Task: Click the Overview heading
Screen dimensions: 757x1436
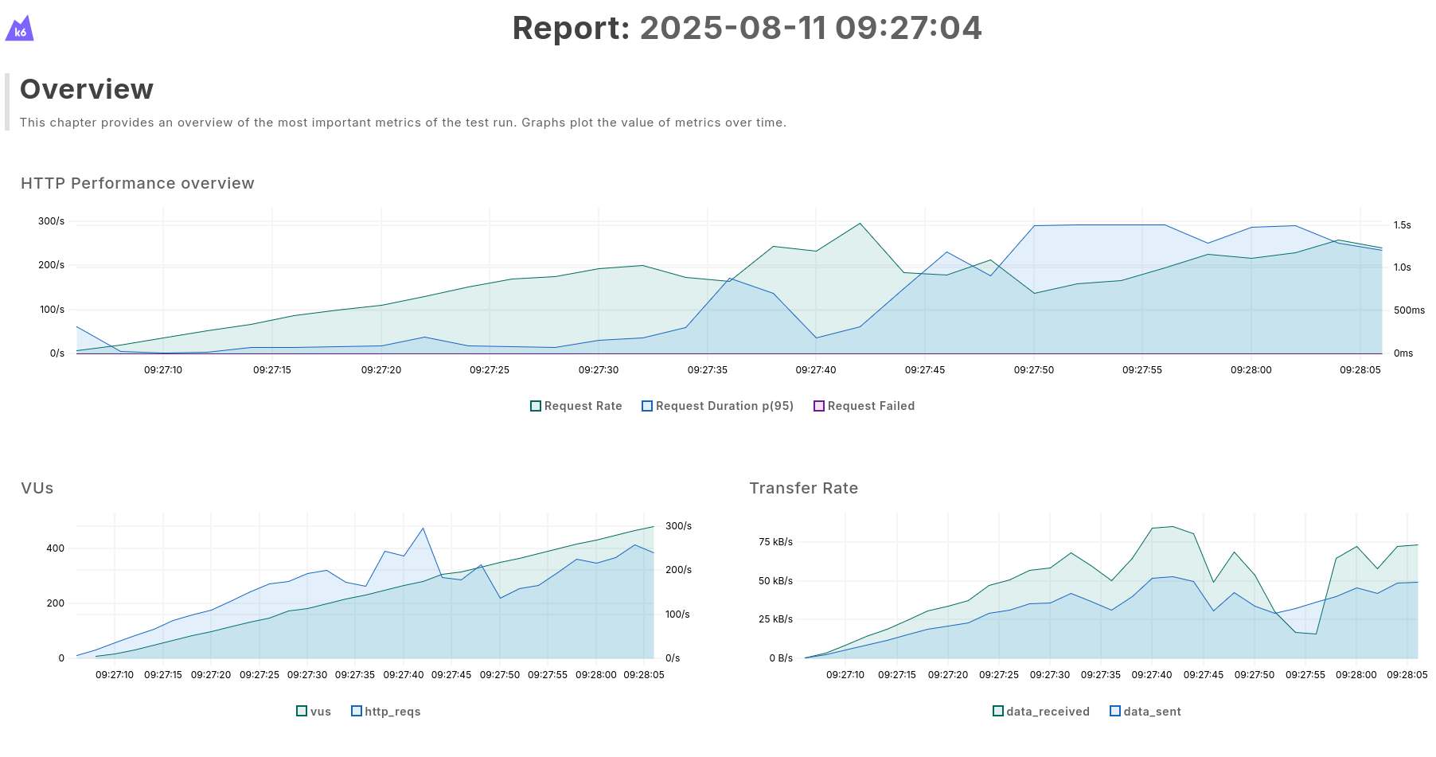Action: pos(87,89)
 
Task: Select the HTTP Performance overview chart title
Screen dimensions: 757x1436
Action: pos(138,183)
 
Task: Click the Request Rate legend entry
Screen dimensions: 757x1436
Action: pos(576,406)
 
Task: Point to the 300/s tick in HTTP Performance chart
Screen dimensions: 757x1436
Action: pos(51,221)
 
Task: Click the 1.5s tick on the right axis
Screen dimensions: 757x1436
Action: pos(1402,225)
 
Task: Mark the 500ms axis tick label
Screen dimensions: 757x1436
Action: pos(1408,310)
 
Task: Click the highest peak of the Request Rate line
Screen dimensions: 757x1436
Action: pos(860,224)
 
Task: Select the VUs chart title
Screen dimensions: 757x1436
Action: pos(37,488)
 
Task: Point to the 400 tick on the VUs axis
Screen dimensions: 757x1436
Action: pos(55,548)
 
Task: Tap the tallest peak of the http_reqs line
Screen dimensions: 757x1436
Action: pos(423,529)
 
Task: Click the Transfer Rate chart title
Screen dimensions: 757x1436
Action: pos(803,488)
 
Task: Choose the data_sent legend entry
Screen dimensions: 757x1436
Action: pos(1145,712)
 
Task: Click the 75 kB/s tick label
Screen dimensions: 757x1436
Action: pos(775,542)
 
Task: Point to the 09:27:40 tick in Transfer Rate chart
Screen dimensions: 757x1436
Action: pos(1152,675)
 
